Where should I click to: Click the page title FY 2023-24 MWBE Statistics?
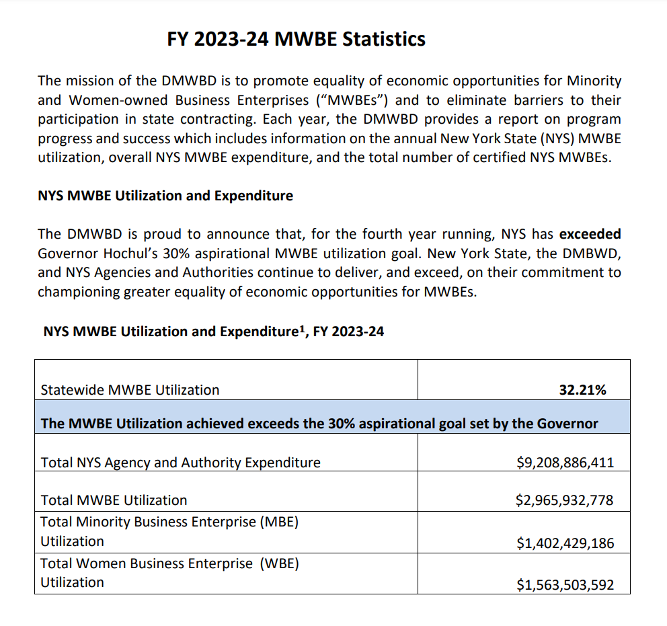click(x=296, y=39)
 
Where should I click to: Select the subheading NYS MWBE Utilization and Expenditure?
click(x=165, y=196)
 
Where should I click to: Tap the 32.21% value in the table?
click(x=582, y=390)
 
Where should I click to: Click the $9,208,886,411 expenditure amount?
click(x=565, y=463)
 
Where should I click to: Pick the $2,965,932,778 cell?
click(x=565, y=500)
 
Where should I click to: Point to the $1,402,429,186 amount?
click(x=565, y=543)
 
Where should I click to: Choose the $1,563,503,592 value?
click(x=565, y=585)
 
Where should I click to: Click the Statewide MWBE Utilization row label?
click(x=130, y=390)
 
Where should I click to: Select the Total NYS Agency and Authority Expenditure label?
click(x=180, y=463)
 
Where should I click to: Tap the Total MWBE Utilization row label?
click(x=114, y=500)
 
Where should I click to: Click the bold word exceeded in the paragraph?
click(x=590, y=235)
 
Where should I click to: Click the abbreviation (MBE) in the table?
click(x=278, y=522)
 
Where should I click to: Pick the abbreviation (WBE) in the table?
click(x=280, y=563)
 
